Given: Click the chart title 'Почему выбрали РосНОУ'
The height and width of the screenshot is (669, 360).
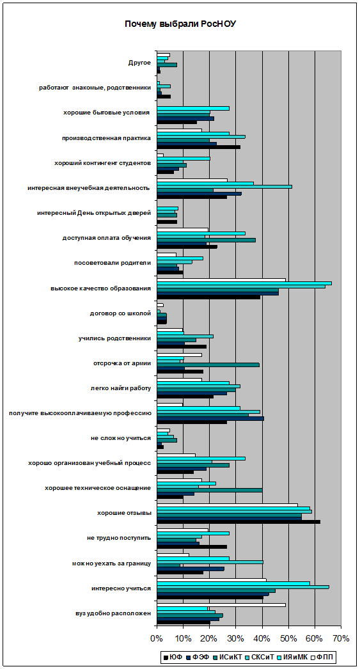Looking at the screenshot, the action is [x=180, y=24].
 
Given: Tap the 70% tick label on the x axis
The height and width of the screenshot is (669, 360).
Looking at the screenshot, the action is [x=341, y=638].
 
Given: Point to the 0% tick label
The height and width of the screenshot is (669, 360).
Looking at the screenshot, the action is [x=157, y=638].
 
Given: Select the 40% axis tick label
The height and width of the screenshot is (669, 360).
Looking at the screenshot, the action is [x=262, y=638].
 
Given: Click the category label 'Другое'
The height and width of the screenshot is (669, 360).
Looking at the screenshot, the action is [x=139, y=63].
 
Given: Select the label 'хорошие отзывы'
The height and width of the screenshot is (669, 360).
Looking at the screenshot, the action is [x=124, y=513].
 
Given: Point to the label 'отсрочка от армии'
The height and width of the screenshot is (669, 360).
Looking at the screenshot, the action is [x=122, y=363].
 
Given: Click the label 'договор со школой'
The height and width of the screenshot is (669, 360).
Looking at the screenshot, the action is [x=120, y=313].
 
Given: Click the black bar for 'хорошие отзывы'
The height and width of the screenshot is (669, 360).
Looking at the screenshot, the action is [x=239, y=522].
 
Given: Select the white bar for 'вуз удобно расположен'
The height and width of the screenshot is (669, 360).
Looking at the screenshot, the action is [x=221, y=605].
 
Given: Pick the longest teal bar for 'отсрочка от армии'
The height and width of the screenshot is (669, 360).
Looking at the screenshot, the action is [x=208, y=365].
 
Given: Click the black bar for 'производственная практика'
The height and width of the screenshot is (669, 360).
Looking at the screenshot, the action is [x=199, y=147].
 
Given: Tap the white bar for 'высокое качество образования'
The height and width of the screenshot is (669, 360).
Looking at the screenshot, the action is [x=221, y=280].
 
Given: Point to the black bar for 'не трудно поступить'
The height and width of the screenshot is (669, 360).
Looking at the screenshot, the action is [x=192, y=547].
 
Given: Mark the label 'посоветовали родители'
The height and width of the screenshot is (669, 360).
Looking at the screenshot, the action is [x=112, y=264].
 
